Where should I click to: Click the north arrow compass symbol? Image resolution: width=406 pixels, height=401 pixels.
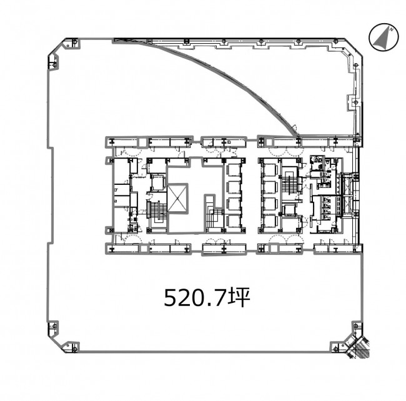coord(384,37)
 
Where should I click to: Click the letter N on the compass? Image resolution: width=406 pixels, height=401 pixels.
coord(392,29)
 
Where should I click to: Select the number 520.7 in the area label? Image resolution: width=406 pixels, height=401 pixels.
coord(195,297)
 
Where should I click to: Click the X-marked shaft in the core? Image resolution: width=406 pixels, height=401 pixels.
coord(177,198)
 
